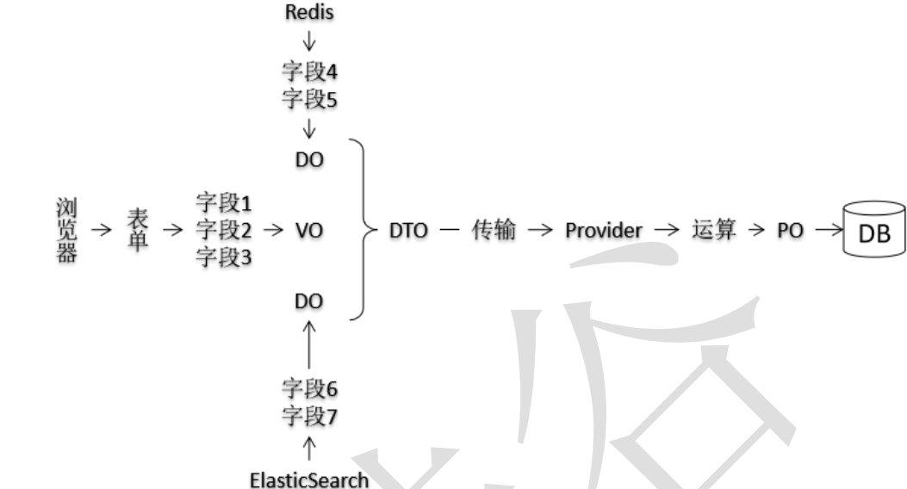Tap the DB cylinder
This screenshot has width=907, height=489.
874,230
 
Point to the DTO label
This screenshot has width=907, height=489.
408,231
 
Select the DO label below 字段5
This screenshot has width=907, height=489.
309,160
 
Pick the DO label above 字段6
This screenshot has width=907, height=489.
309,300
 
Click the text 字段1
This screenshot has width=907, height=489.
224,204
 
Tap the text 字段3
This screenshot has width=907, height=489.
224,257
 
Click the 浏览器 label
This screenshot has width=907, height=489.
65,231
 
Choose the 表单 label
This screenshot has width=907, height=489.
138,231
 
